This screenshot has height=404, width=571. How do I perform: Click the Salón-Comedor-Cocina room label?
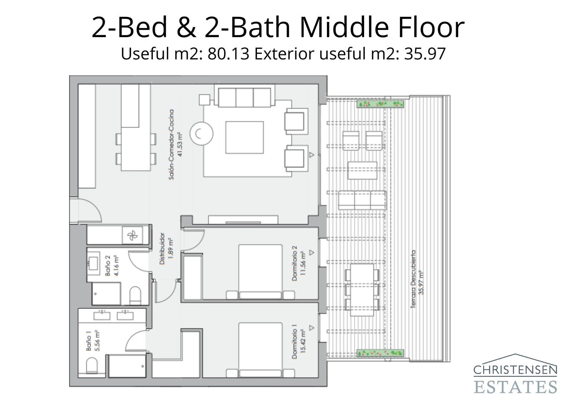pos(176,144)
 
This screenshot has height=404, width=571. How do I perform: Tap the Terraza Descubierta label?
pos(417,279)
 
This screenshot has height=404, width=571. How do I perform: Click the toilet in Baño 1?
pos(92,366)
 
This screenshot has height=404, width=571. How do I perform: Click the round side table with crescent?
pos(201,134)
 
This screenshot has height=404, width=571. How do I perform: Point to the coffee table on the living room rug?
pos(244,138)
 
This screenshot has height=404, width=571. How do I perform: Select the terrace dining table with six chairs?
pos(362,290)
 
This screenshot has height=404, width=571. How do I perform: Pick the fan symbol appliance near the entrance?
pos(132,235)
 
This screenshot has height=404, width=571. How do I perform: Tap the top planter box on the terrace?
pos(380,104)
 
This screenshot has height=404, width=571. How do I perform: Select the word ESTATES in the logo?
pos(515,386)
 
